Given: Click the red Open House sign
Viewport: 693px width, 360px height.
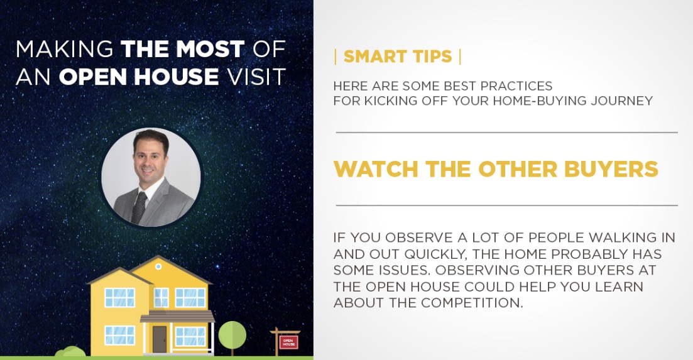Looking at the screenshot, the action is pos(288,342).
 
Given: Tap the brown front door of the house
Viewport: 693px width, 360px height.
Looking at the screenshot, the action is pos(160,339).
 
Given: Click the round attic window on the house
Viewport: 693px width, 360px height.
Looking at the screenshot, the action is pos(158,266).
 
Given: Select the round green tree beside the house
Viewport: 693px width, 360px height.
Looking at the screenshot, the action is pos(232,334).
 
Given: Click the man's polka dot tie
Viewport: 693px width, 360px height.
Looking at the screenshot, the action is pos(139,207).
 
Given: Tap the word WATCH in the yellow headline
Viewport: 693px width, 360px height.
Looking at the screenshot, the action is pos(376,169).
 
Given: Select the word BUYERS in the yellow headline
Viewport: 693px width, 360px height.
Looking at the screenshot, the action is pos(611,169).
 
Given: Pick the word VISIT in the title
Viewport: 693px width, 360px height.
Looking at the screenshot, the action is pos(256,77).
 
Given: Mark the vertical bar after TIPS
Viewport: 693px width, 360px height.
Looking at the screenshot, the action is pos(460,57).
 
